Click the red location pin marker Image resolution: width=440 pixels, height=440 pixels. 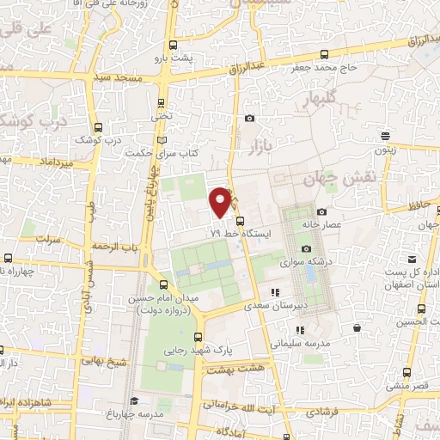221,200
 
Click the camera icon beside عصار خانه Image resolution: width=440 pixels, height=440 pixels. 322,211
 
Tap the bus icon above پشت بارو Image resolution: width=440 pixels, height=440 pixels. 173,46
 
